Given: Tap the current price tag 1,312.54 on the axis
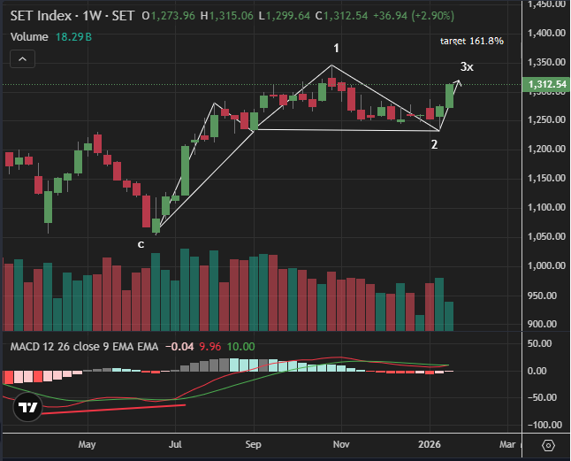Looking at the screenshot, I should [546, 85].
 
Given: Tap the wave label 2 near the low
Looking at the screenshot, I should [435, 144].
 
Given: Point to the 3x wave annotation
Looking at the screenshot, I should [467, 67].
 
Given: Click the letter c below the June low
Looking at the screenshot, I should [141, 243].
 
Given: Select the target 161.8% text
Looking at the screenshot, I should [471, 42].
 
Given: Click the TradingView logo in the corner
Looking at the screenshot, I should [27, 407].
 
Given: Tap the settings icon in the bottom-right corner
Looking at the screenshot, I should [548, 444].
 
